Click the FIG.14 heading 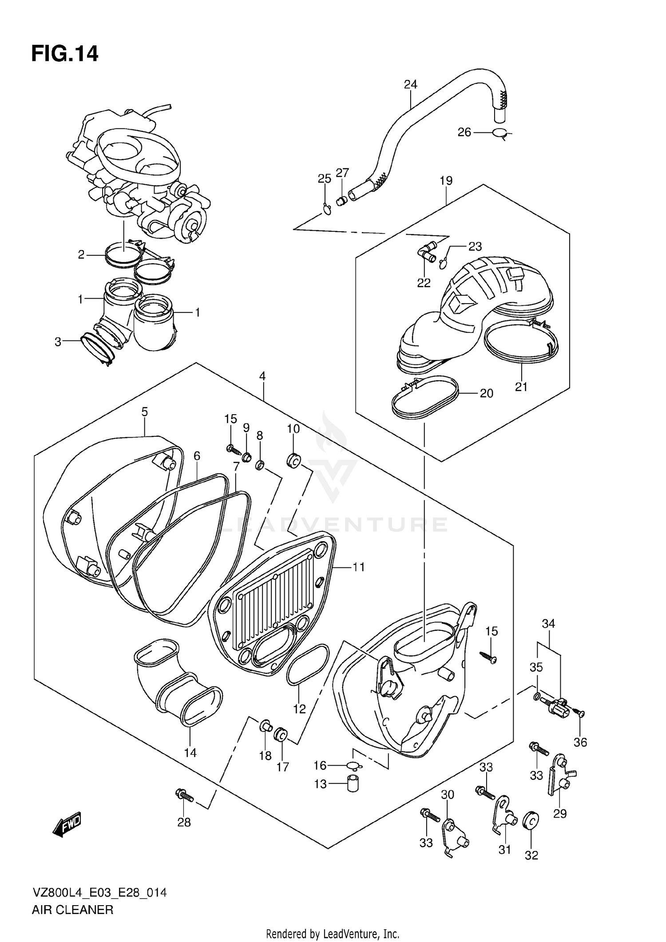coord(65,54)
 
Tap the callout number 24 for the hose coord(410,84)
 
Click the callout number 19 coord(446,181)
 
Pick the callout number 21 coord(521,387)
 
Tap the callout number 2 coord(81,255)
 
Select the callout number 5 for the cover coord(145,412)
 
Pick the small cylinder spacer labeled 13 coord(353,784)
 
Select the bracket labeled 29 coord(560,777)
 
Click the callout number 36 coord(580,742)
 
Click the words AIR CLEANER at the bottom coord(72,910)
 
